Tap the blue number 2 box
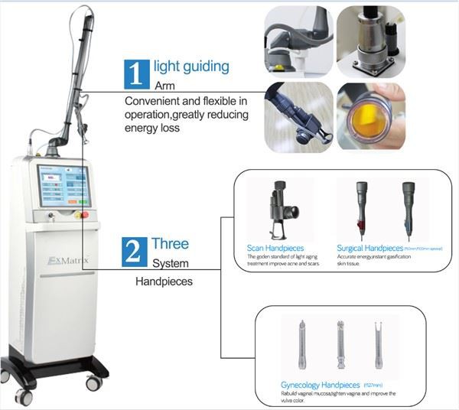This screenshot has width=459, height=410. (135, 253)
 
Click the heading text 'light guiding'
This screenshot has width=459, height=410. (191, 67)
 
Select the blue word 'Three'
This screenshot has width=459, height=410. (170, 244)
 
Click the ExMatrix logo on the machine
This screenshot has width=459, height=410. (67, 260)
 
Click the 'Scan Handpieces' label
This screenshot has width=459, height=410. (275, 249)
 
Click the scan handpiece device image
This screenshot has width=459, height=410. (277, 207)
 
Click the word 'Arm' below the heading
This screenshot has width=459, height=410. (165, 86)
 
